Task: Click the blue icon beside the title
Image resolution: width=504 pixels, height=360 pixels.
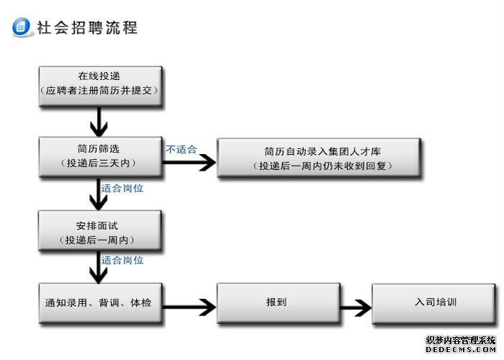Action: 22,27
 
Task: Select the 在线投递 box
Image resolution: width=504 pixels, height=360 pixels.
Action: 100,85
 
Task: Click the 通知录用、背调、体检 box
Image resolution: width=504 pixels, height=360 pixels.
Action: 100,302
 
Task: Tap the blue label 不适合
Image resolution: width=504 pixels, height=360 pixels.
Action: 181,150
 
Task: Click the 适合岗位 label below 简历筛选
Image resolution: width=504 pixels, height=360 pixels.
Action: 122,189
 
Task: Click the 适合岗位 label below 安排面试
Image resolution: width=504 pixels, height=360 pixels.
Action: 122,260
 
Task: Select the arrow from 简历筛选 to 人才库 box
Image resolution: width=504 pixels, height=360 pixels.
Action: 190,163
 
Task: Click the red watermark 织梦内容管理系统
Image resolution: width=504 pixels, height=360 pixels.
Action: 460,341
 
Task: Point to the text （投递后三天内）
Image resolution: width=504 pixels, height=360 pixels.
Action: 100,163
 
